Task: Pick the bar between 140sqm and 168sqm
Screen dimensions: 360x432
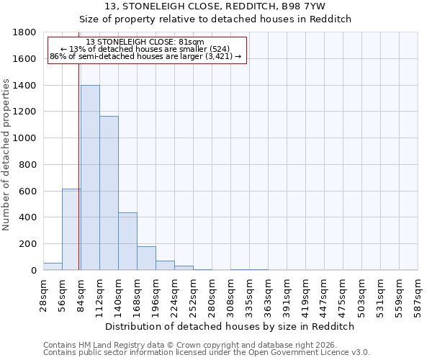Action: tap(127, 241)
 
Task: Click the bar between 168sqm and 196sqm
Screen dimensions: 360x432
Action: tap(146, 258)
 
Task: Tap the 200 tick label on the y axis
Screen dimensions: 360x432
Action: tap(28, 244)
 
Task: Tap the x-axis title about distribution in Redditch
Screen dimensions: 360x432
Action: tap(230, 326)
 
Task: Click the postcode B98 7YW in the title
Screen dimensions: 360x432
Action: tap(302, 6)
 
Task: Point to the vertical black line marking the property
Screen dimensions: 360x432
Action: tap(78, 166)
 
